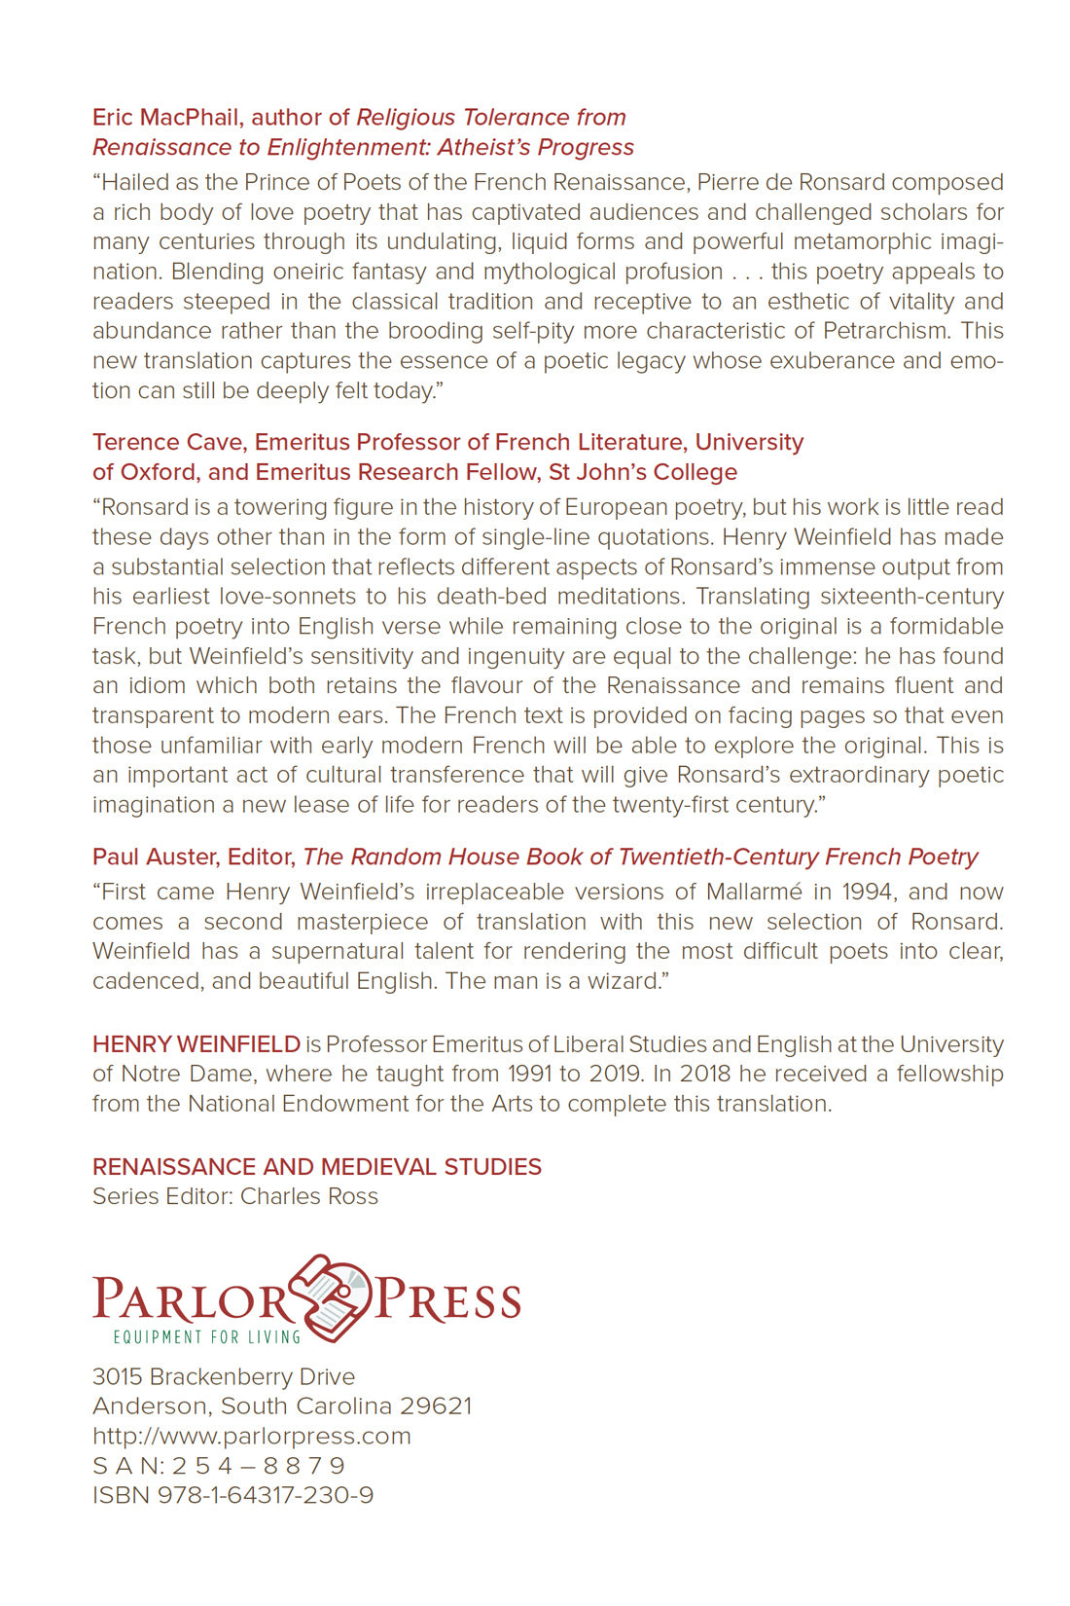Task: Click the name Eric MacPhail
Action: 166,118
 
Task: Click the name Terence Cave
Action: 167,443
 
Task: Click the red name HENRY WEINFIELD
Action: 196,1045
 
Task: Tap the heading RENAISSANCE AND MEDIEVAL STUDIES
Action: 317,1167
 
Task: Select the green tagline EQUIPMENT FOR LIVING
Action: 207,1337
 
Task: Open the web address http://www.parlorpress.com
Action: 252,1437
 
